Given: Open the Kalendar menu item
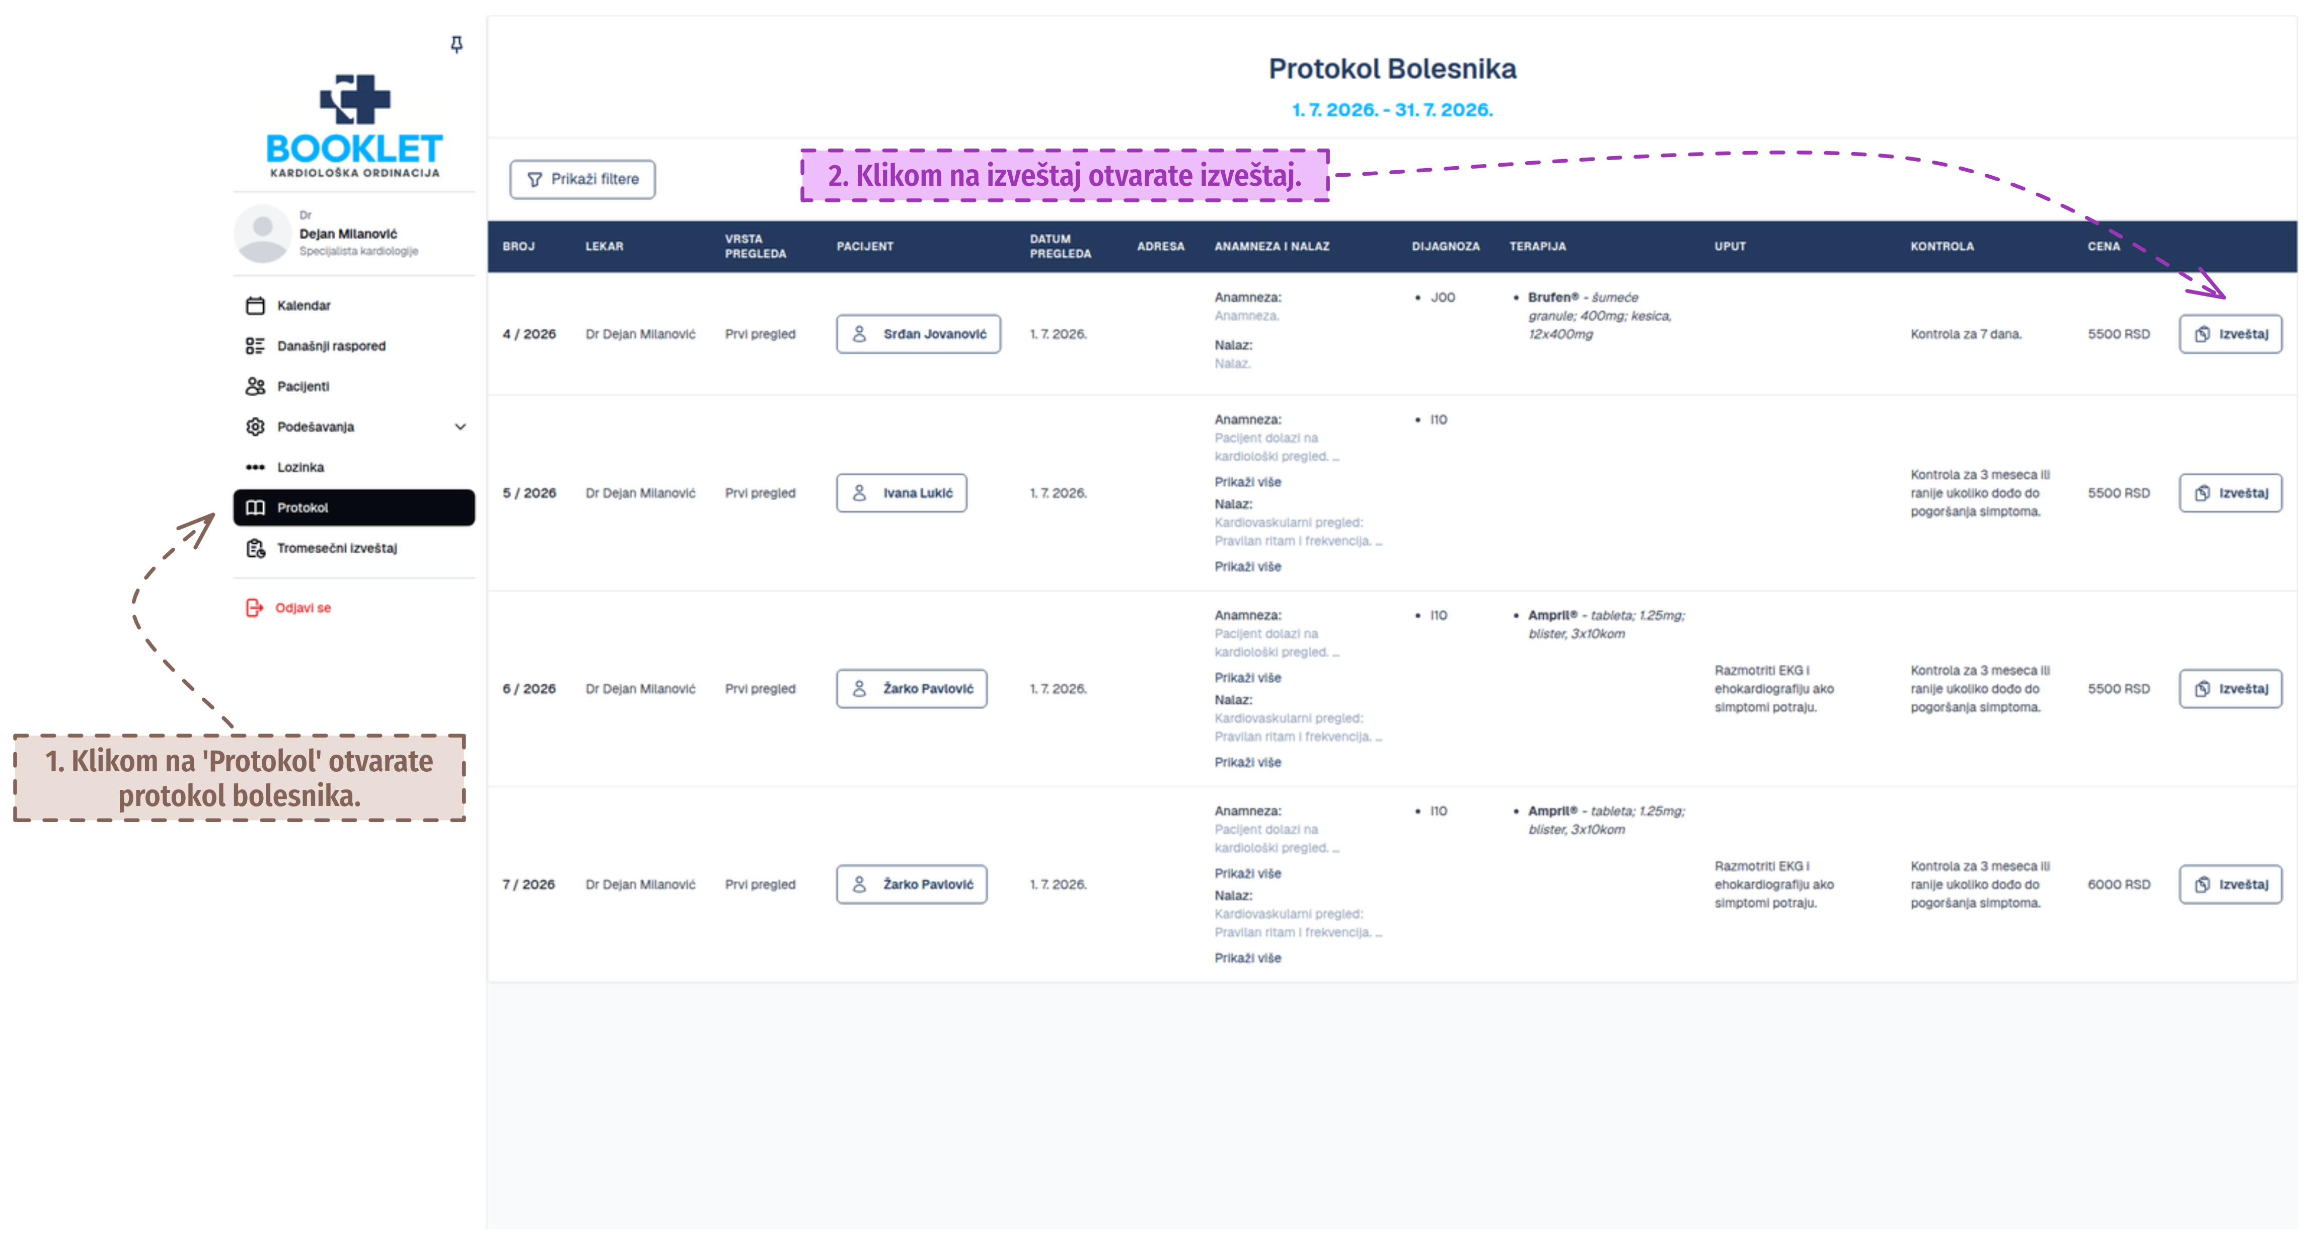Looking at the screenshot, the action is pos(304,306).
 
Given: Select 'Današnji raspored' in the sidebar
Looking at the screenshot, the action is pos(330,346).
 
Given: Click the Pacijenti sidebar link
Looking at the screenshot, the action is pos(303,386).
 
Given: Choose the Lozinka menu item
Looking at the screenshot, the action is pos(300,467).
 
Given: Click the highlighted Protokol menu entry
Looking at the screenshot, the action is pos(354,507).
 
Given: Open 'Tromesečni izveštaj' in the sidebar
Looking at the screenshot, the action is pos(337,548).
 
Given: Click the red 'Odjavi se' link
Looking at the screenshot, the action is pos(303,608).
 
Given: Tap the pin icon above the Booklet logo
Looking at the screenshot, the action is pos(456,44).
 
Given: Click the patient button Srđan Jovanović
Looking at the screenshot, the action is pos(919,334).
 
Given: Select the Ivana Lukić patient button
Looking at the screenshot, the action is pos(902,493).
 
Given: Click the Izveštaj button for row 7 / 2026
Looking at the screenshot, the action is pos(2230,885).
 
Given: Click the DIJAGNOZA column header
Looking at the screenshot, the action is pos(1445,246).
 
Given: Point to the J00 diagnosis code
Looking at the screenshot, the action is pos(1442,298).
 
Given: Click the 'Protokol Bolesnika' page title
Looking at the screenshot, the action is pos(1392,69).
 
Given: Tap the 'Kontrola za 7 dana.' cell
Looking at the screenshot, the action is pos(1966,334).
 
